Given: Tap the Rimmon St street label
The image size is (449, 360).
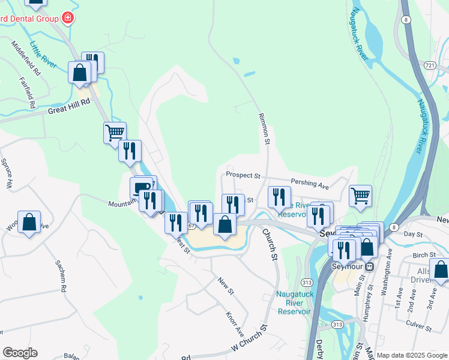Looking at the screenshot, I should (x=264, y=128).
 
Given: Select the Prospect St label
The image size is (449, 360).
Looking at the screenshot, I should (x=243, y=176).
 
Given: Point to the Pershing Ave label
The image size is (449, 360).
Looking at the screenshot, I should (x=310, y=183).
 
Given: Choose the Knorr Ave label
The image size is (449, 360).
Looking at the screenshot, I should (x=235, y=323).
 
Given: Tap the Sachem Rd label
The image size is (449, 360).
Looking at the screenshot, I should (x=61, y=275).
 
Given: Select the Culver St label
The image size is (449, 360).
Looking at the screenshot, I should (x=420, y=324).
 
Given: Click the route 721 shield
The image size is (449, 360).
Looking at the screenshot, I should (x=429, y=64).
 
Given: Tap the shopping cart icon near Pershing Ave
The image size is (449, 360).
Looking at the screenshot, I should (x=360, y=194).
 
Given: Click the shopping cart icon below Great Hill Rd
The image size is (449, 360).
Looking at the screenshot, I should (x=115, y=131).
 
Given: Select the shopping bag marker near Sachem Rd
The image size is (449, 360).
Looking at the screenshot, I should (x=29, y=222).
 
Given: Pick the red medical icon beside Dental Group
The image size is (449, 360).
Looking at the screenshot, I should (x=68, y=18).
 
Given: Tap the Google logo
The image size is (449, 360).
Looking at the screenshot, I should (x=20, y=353).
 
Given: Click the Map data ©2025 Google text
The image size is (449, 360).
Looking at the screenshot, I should (x=412, y=355).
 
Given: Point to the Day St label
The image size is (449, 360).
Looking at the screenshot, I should (x=414, y=234).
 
